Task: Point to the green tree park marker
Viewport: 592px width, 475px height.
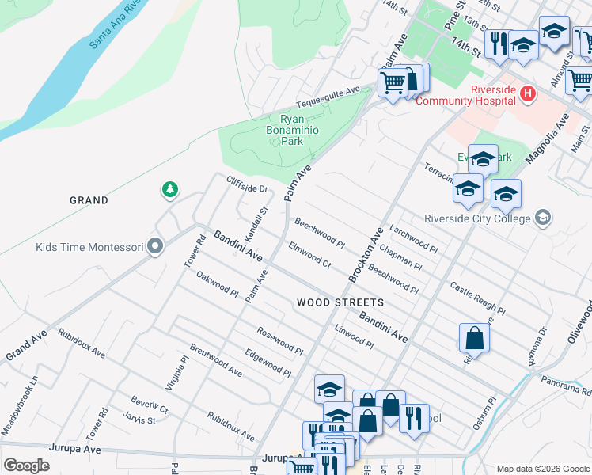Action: (x=169, y=189)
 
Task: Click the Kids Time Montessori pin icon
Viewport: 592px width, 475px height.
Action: (x=155, y=247)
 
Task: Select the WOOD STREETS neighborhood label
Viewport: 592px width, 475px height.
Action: (x=340, y=302)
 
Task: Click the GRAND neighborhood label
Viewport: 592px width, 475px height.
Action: (x=89, y=200)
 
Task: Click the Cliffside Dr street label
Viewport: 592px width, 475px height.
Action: (x=248, y=184)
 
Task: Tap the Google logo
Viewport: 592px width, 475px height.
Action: (x=26, y=465)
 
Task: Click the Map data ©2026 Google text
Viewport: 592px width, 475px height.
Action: (x=542, y=469)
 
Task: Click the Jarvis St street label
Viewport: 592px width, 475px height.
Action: (x=139, y=418)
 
